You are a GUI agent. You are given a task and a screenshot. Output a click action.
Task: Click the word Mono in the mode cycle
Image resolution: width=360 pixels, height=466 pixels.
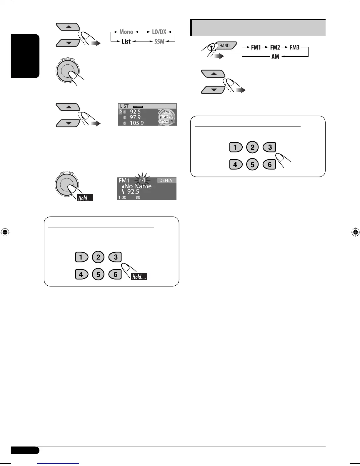click(x=126, y=32)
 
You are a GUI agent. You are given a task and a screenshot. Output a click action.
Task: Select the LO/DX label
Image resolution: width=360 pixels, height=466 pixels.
click(x=159, y=32)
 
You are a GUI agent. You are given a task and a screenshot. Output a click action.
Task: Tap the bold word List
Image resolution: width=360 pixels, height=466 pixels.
click(x=126, y=41)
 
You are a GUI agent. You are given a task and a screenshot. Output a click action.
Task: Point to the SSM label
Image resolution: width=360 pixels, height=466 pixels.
click(x=159, y=41)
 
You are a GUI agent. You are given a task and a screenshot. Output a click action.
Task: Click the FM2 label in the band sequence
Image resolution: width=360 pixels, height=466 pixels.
click(x=275, y=47)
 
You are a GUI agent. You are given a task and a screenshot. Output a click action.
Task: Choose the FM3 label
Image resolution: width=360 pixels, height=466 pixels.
click(x=294, y=47)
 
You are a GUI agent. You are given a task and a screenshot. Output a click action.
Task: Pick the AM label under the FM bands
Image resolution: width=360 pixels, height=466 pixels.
click(x=275, y=56)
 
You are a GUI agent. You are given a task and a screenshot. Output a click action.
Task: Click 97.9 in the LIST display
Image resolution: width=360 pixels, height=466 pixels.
click(x=135, y=117)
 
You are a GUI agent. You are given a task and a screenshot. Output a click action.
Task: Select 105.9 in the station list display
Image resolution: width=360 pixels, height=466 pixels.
click(x=136, y=123)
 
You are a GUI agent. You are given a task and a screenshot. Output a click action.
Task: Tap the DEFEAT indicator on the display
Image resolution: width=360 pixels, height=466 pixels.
click(x=166, y=180)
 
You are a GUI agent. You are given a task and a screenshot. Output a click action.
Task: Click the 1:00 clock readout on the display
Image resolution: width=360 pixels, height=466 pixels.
click(x=122, y=197)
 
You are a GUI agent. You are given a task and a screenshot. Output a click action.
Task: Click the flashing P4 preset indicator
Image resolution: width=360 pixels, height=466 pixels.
click(x=142, y=180)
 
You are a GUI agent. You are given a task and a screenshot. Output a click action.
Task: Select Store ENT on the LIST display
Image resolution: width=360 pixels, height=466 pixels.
click(x=167, y=121)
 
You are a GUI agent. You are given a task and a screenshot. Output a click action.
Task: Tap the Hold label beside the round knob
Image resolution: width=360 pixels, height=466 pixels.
click(x=85, y=198)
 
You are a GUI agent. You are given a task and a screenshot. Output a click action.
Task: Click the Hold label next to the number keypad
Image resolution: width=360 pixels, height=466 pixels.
click(x=139, y=277)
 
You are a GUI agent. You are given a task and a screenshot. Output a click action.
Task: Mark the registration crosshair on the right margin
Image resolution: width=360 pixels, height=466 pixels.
click(x=355, y=232)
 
